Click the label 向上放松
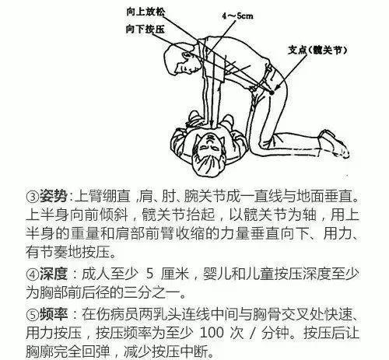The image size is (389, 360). pyautogui.click(x=145, y=12)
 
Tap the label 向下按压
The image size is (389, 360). pyautogui.click(x=145, y=29)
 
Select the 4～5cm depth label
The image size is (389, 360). pyautogui.click(x=237, y=16)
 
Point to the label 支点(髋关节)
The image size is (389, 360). pyautogui.click(x=317, y=50)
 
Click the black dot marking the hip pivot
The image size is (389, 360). pyautogui.click(x=272, y=92)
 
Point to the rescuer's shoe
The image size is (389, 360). pyautogui.click(x=334, y=143)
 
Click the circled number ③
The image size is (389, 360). pyautogui.click(x=32, y=197)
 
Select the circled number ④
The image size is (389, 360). pyautogui.click(x=32, y=274)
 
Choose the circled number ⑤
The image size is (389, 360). pyautogui.click(x=32, y=315)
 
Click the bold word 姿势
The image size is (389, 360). pyautogui.click(x=53, y=197)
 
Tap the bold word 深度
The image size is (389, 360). pyautogui.click(x=53, y=274)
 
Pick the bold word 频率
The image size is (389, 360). pyautogui.click(x=53, y=314)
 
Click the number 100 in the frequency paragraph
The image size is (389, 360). pyautogui.click(x=212, y=333)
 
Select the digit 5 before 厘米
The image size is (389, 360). pyautogui.click(x=149, y=274)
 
